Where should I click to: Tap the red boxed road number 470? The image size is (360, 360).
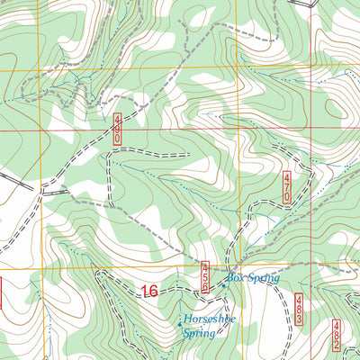(x=287, y=186)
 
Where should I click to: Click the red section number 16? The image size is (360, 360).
(x=150, y=292)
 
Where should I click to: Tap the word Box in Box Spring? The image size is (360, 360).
(x=235, y=279)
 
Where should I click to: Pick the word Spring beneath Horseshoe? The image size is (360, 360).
(x=200, y=333)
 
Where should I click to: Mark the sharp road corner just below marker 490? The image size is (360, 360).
(x=109, y=155)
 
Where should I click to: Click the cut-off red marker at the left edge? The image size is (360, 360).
(x=2, y=291)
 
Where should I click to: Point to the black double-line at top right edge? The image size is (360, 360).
(x=310, y=3)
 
